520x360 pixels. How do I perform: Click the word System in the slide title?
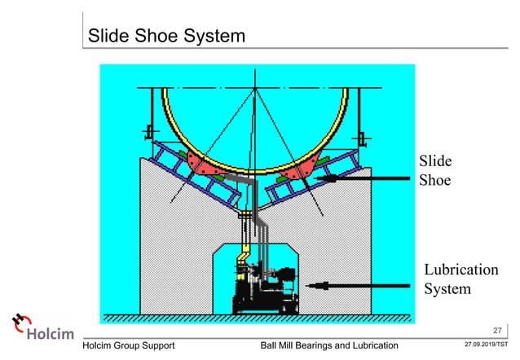(x=208, y=37)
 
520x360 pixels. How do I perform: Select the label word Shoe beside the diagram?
(x=435, y=180)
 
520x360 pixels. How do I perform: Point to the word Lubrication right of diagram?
(x=461, y=270)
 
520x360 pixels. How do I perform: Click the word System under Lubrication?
(x=447, y=288)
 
